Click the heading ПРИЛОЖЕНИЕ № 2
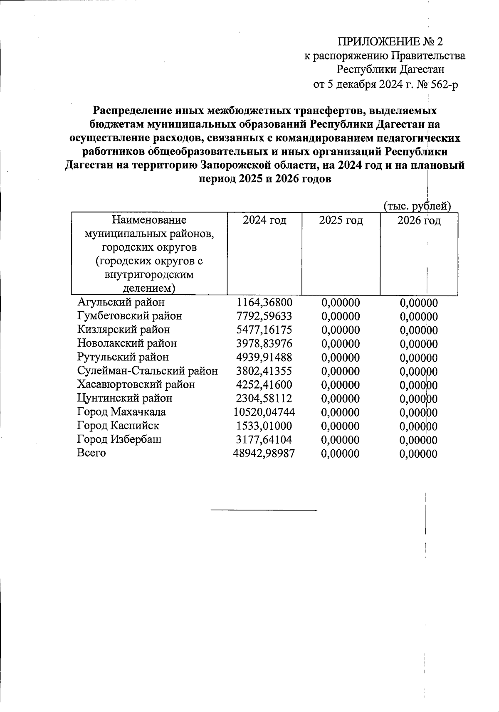pos(390,42)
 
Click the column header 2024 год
pos(264,220)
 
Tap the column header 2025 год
pos(341,220)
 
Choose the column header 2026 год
pos(418,220)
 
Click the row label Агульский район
pos(121,302)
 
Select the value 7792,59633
pos(264,316)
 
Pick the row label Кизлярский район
pos(124,330)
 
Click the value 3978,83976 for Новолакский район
pos(264,344)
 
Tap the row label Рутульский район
pos(123,357)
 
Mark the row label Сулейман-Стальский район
pos(148,371)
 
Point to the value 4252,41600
pos(264,385)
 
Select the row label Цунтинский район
pos(125,398)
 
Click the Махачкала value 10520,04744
pos(264,412)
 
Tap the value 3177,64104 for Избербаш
pos(264,440)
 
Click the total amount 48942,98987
pos(264,453)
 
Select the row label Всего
pos(91,453)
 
